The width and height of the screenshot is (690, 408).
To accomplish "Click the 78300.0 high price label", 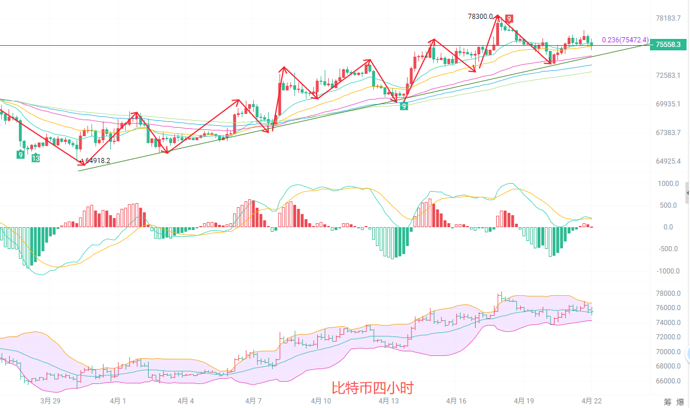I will click(480, 17).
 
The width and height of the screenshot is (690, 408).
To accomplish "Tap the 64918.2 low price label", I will click(97, 161).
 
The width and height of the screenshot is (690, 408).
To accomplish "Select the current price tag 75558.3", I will click(668, 44).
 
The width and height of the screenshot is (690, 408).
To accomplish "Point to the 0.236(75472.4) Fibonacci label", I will click(625, 40).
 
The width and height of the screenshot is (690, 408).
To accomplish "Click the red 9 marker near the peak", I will click(508, 18).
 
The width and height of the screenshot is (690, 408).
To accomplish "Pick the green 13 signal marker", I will click(35, 158).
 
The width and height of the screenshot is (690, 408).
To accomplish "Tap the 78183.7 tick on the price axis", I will click(668, 18).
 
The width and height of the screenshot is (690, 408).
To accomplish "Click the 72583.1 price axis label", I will click(668, 76).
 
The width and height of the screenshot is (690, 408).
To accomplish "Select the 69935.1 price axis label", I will click(668, 104).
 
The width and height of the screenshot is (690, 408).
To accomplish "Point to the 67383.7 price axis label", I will click(668, 133).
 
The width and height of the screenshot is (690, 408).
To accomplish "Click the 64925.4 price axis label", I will click(668, 161).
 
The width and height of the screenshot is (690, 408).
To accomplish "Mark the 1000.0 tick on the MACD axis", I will click(668, 184).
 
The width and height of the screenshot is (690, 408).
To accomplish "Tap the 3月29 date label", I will click(50, 401).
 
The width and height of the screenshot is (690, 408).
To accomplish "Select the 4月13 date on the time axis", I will click(389, 401).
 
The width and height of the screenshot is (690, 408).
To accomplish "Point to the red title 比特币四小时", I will click(372, 388).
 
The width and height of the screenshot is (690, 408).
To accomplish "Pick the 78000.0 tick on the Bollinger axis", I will click(668, 294).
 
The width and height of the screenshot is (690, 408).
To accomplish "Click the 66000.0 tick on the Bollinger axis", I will click(668, 381).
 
